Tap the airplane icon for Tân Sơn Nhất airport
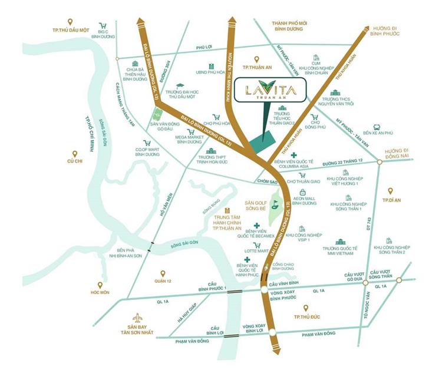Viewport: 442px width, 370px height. [138, 318]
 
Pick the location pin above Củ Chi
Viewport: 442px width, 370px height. [75, 153]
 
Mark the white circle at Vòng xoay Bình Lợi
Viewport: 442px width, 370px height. [272, 332]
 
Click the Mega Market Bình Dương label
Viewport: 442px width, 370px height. [190, 139]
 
